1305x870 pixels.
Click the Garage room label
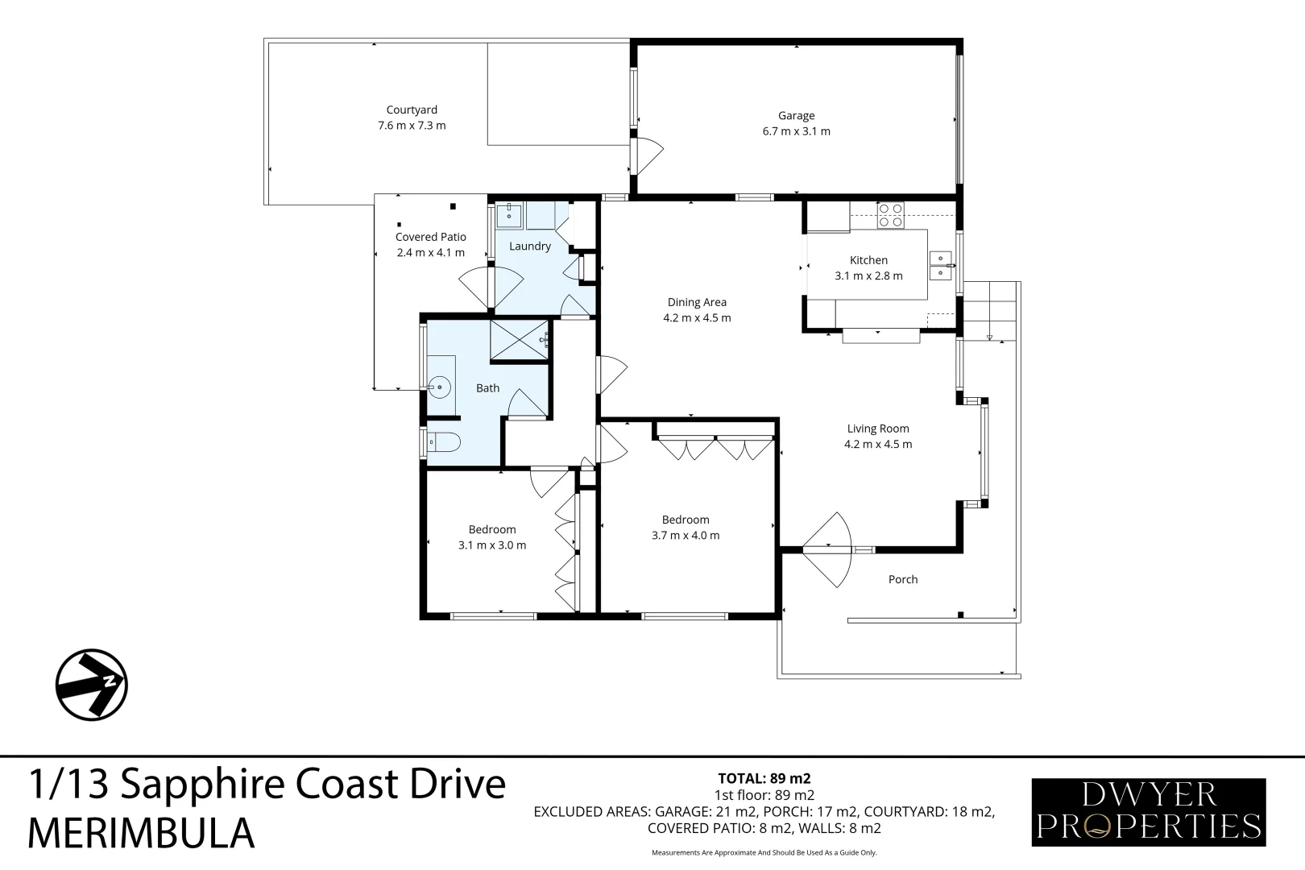(x=796, y=116)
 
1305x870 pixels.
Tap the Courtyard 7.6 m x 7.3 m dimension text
(x=412, y=126)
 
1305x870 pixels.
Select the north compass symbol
(x=92, y=685)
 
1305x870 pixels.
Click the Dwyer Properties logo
(x=1148, y=812)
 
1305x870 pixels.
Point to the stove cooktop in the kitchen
(x=890, y=215)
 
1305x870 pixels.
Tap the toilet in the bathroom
(x=442, y=441)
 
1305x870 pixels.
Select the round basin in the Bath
(x=439, y=387)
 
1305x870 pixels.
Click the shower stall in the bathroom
(x=519, y=340)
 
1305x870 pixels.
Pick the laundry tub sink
(x=509, y=215)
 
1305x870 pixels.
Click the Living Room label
(x=877, y=429)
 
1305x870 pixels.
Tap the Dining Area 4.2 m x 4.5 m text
(x=697, y=317)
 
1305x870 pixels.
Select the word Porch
(x=902, y=579)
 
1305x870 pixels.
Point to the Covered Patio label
(x=430, y=237)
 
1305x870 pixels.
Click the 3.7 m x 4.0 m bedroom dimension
(x=686, y=535)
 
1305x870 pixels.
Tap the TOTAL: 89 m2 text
(x=764, y=778)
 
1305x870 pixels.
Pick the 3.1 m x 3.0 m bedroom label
(x=492, y=545)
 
